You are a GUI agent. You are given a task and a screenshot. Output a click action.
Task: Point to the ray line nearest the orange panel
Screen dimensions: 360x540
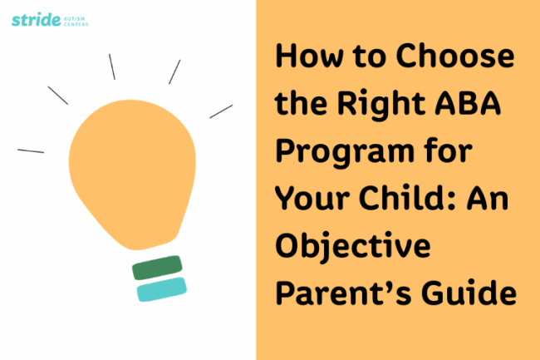[220, 111]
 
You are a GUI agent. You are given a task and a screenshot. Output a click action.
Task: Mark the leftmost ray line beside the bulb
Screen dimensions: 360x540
[31, 150]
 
